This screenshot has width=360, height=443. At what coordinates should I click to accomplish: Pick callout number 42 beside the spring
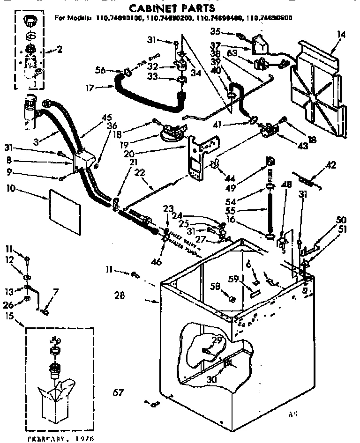click(330, 164)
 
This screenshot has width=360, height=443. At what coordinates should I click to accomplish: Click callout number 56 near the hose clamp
click(100, 70)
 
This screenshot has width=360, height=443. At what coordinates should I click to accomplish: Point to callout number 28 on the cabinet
click(120, 295)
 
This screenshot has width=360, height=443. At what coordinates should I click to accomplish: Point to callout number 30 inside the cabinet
click(212, 380)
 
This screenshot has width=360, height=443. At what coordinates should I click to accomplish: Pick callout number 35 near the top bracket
click(228, 32)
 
